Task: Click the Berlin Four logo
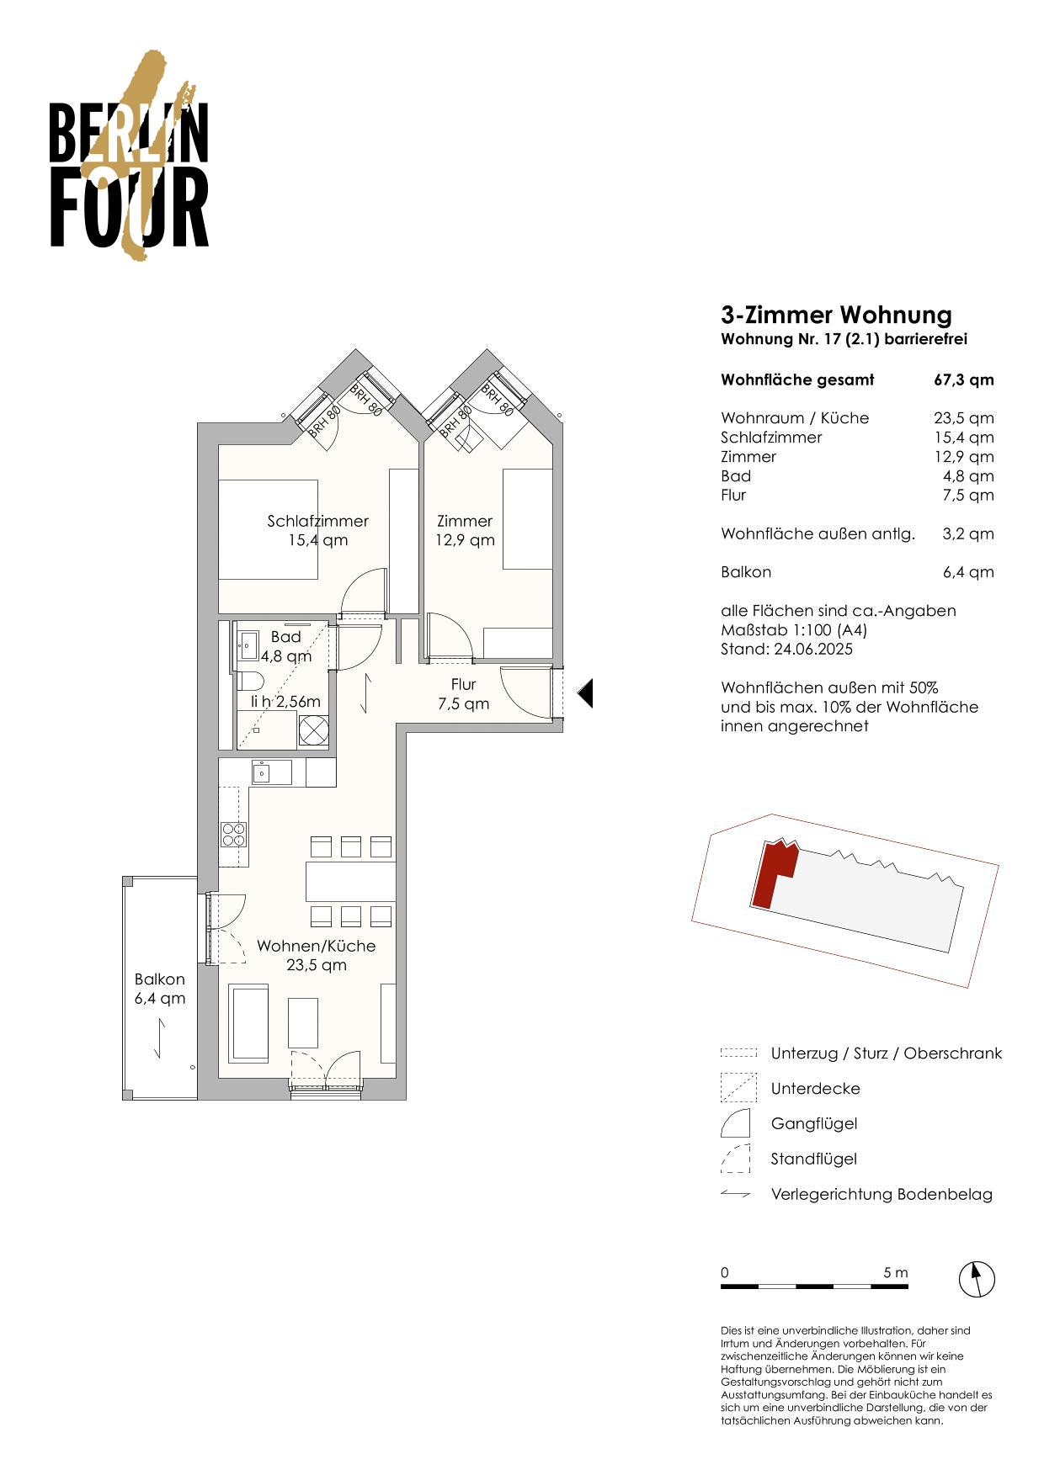129,156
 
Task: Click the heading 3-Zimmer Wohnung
836,316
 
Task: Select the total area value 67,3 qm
963,379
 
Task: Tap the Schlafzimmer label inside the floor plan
317,521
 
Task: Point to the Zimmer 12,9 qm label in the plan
465,531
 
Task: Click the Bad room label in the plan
285,637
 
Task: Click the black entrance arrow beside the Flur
585,693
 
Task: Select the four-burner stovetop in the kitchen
234,834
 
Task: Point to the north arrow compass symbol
977,1280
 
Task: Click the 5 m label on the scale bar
895,1272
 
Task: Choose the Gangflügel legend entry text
814,1124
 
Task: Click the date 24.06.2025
813,650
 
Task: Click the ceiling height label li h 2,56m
285,701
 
